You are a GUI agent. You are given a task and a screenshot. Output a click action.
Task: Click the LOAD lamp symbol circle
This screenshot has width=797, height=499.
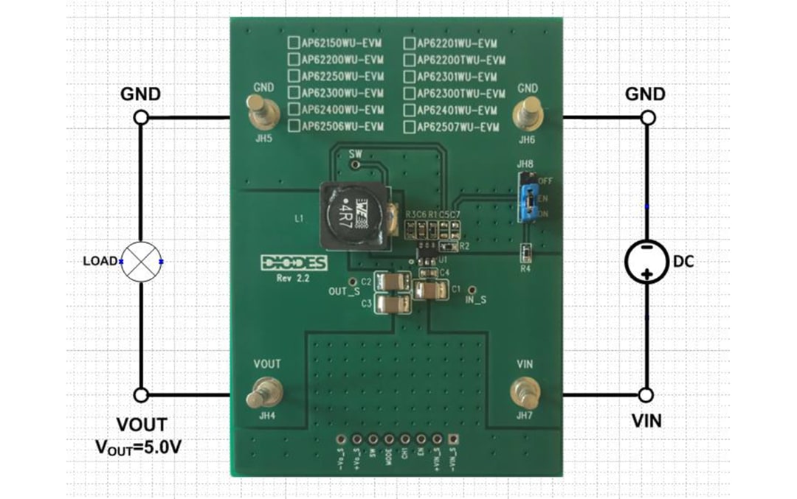click(x=141, y=262)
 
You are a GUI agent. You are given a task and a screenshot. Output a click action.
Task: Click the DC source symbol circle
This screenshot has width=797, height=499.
click(x=646, y=261)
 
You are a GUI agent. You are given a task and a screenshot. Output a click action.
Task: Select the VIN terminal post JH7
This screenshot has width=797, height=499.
click(x=525, y=391)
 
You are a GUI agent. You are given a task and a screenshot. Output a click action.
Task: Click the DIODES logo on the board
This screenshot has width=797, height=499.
click(x=294, y=263)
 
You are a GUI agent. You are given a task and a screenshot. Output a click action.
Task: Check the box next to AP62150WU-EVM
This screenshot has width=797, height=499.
click(x=294, y=43)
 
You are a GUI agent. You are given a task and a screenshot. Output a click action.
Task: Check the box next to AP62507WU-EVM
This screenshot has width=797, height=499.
click(x=410, y=127)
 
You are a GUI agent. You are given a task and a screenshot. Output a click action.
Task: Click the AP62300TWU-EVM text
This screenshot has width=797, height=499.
click(x=460, y=94)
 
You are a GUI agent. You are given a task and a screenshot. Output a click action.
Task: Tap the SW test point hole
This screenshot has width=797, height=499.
click(x=356, y=167)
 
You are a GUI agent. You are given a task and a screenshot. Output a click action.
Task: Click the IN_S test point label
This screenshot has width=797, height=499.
click(x=476, y=301)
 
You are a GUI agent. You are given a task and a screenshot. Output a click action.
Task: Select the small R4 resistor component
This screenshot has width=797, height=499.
click(x=525, y=253)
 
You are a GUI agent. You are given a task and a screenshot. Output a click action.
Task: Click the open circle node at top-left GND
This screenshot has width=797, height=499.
click(x=141, y=117)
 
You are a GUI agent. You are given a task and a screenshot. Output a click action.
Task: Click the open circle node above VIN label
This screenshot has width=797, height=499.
click(x=646, y=395)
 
